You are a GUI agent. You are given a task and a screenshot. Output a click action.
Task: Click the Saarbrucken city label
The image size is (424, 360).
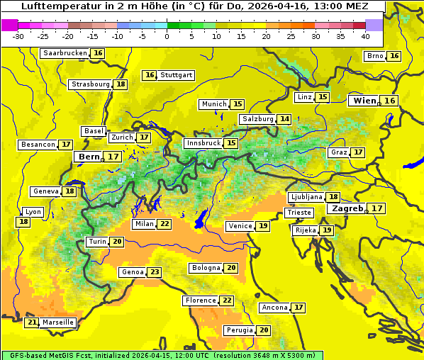point(65,53)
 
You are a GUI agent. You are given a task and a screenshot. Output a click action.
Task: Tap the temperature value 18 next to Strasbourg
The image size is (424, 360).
point(121,84)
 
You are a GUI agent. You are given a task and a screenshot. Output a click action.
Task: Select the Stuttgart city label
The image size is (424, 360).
point(177,75)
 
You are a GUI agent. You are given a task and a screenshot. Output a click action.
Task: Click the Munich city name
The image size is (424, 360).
point(214,104)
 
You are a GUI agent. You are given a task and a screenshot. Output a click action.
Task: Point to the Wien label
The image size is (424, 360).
point(365,101)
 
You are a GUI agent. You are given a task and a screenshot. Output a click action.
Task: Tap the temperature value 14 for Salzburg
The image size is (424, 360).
point(284,119)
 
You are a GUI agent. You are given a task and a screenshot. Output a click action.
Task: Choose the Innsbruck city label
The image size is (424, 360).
point(203,143)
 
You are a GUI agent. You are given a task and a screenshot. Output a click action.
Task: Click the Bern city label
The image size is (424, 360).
point(89,157)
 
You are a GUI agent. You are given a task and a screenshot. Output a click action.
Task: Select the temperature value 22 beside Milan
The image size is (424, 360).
point(164,224)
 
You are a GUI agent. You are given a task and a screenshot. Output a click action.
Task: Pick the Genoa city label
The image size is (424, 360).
point(133,272)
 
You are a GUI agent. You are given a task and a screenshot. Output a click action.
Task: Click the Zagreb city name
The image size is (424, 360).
point(347,208)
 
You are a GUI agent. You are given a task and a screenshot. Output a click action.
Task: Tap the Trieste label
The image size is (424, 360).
point(299,213)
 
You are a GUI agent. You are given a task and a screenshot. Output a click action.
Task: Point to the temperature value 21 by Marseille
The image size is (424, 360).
point(32,322)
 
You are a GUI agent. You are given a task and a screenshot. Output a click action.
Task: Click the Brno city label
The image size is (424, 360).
point(374,56)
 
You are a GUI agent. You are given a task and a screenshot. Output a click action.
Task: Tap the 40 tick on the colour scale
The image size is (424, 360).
point(365,36)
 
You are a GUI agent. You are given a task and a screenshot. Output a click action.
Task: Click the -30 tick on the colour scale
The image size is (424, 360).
point(18,36)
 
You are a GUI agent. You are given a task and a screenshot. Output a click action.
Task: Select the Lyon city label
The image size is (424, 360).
point(33,212)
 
